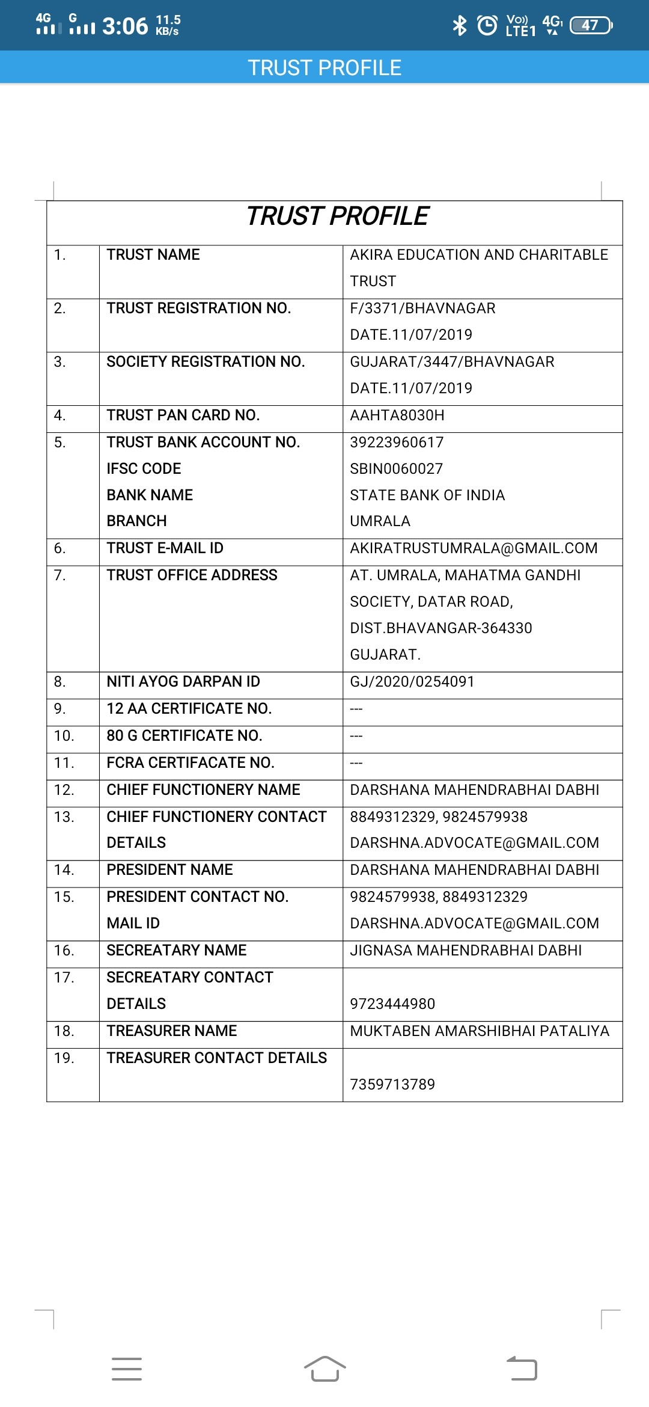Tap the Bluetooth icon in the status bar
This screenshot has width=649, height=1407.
pyautogui.click(x=460, y=25)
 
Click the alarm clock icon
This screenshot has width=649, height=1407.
pyautogui.click(x=487, y=25)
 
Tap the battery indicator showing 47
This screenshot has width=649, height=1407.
pyautogui.click(x=591, y=25)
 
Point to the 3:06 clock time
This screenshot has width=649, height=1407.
pyautogui.click(x=125, y=26)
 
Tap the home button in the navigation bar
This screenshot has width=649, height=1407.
pyautogui.click(x=324, y=1369)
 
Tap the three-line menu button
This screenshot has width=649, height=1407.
pyautogui.click(x=127, y=1369)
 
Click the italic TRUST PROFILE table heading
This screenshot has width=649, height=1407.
pyautogui.click(x=338, y=216)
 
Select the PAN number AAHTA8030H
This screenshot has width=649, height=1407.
pyautogui.click(x=397, y=415)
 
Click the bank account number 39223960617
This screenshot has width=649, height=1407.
pyautogui.click(x=397, y=443)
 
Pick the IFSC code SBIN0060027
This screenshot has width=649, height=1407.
pyautogui.click(x=397, y=469)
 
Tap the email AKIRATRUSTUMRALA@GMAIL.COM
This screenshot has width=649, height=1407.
pyautogui.click(x=474, y=548)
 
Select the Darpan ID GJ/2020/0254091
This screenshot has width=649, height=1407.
pyautogui.click(x=412, y=682)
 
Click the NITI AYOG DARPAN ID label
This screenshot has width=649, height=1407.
pyautogui.click(x=183, y=682)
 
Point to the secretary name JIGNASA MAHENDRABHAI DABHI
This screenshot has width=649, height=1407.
pyautogui.click(x=466, y=951)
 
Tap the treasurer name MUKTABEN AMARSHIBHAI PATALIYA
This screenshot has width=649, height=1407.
pyautogui.click(x=480, y=1031)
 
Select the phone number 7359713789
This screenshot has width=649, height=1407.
pyautogui.click(x=392, y=1085)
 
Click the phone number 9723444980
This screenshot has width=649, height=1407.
pyautogui.click(x=392, y=1004)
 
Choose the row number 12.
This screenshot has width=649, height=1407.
pyautogui.click(x=64, y=790)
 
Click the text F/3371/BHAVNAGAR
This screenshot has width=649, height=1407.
pyautogui.click(x=422, y=308)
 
